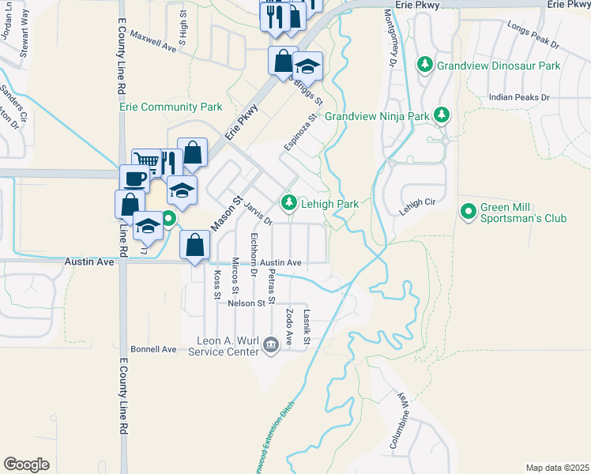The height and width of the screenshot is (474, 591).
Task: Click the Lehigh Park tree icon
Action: pyautogui.click(x=289, y=203)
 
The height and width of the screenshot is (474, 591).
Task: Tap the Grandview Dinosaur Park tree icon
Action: pyautogui.click(x=425, y=64)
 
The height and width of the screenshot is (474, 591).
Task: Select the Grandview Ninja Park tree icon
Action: pyautogui.click(x=442, y=116)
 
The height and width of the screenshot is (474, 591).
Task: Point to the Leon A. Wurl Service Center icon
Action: pyautogui.click(x=270, y=344)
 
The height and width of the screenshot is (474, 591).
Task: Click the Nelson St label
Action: pyautogui.click(x=246, y=303)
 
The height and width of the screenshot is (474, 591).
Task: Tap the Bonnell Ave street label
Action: pyautogui.click(x=153, y=348)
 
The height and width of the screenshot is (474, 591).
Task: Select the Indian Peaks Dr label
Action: pyautogui.click(x=518, y=96)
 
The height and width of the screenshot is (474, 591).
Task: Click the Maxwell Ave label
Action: pyautogui.click(x=152, y=41)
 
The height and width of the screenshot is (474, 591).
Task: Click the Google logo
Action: pyautogui.click(x=26, y=465)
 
